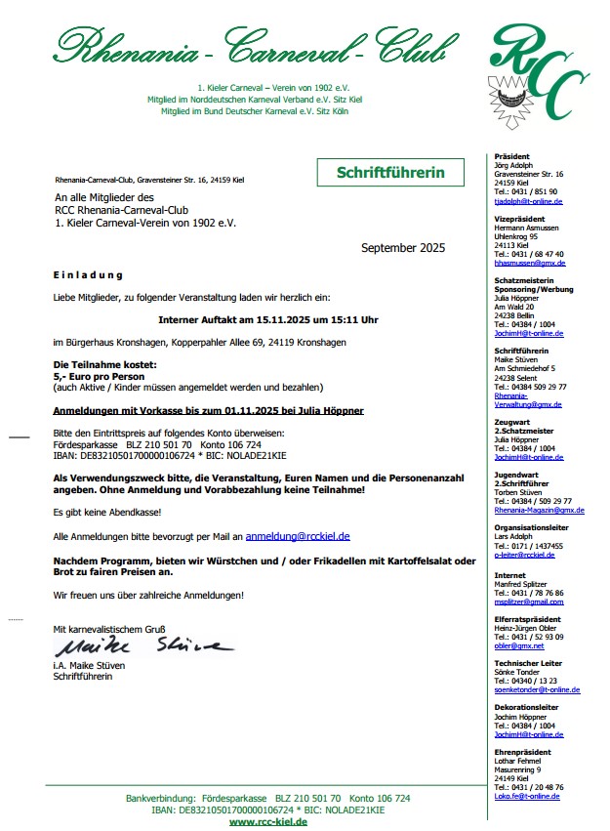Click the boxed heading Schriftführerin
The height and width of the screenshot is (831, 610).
(x=389, y=173)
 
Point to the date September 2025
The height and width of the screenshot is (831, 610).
(x=402, y=248)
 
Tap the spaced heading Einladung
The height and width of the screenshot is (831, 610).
(x=88, y=275)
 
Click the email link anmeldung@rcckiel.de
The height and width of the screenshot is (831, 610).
(x=298, y=536)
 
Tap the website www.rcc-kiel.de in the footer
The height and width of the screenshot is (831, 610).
(x=267, y=822)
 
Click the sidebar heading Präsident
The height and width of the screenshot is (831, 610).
(x=512, y=156)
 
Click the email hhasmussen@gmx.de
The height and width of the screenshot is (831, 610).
(x=530, y=263)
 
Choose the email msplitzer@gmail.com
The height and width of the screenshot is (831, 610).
(x=529, y=602)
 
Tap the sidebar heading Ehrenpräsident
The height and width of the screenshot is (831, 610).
(x=522, y=752)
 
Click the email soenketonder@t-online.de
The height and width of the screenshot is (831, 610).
(x=537, y=689)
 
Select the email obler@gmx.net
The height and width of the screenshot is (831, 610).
(x=519, y=645)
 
